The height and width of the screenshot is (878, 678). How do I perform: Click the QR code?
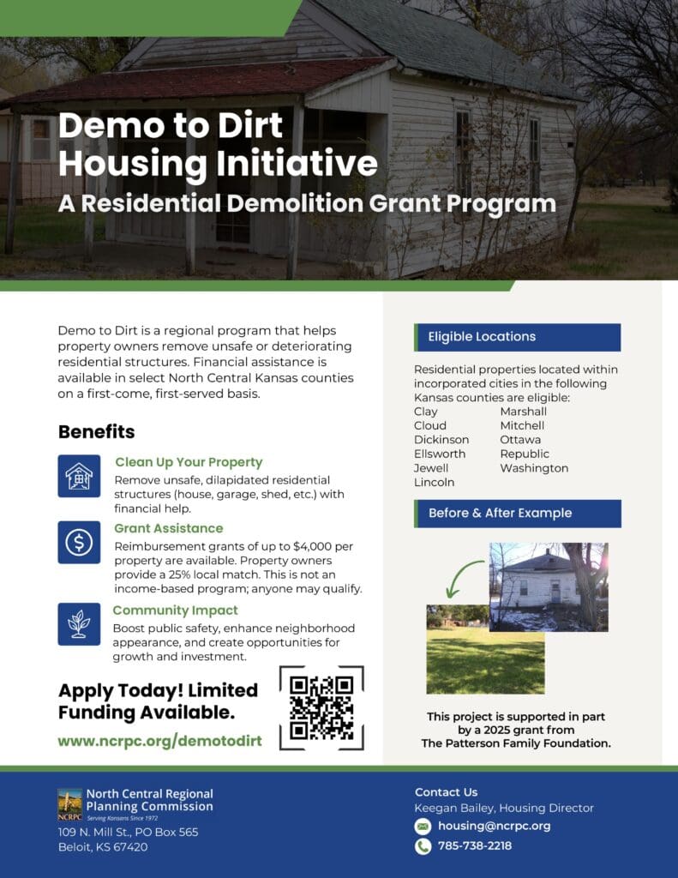(321, 707)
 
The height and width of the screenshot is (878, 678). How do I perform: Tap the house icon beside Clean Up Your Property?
(79, 476)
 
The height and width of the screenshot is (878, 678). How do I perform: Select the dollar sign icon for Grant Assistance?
(79, 542)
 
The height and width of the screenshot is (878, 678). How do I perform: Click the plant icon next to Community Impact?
(79, 624)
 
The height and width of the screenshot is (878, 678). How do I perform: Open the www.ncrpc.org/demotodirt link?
(159, 741)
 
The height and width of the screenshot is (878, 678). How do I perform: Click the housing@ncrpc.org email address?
(494, 826)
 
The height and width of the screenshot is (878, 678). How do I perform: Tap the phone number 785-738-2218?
(475, 845)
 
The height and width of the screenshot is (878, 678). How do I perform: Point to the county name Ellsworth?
(440, 454)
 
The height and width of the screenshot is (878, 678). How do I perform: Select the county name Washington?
(534, 468)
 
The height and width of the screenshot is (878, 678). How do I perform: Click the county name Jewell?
(431, 468)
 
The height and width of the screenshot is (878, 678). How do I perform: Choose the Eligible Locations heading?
(482, 336)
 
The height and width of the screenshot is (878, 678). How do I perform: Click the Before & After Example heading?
(500, 513)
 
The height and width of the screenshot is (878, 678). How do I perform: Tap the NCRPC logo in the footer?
(70, 804)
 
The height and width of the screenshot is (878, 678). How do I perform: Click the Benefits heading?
(96, 432)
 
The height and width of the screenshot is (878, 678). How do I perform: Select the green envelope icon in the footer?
(423, 826)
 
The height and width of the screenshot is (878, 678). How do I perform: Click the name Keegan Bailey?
(454, 808)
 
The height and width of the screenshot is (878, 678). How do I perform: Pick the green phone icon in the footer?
(423, 846)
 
